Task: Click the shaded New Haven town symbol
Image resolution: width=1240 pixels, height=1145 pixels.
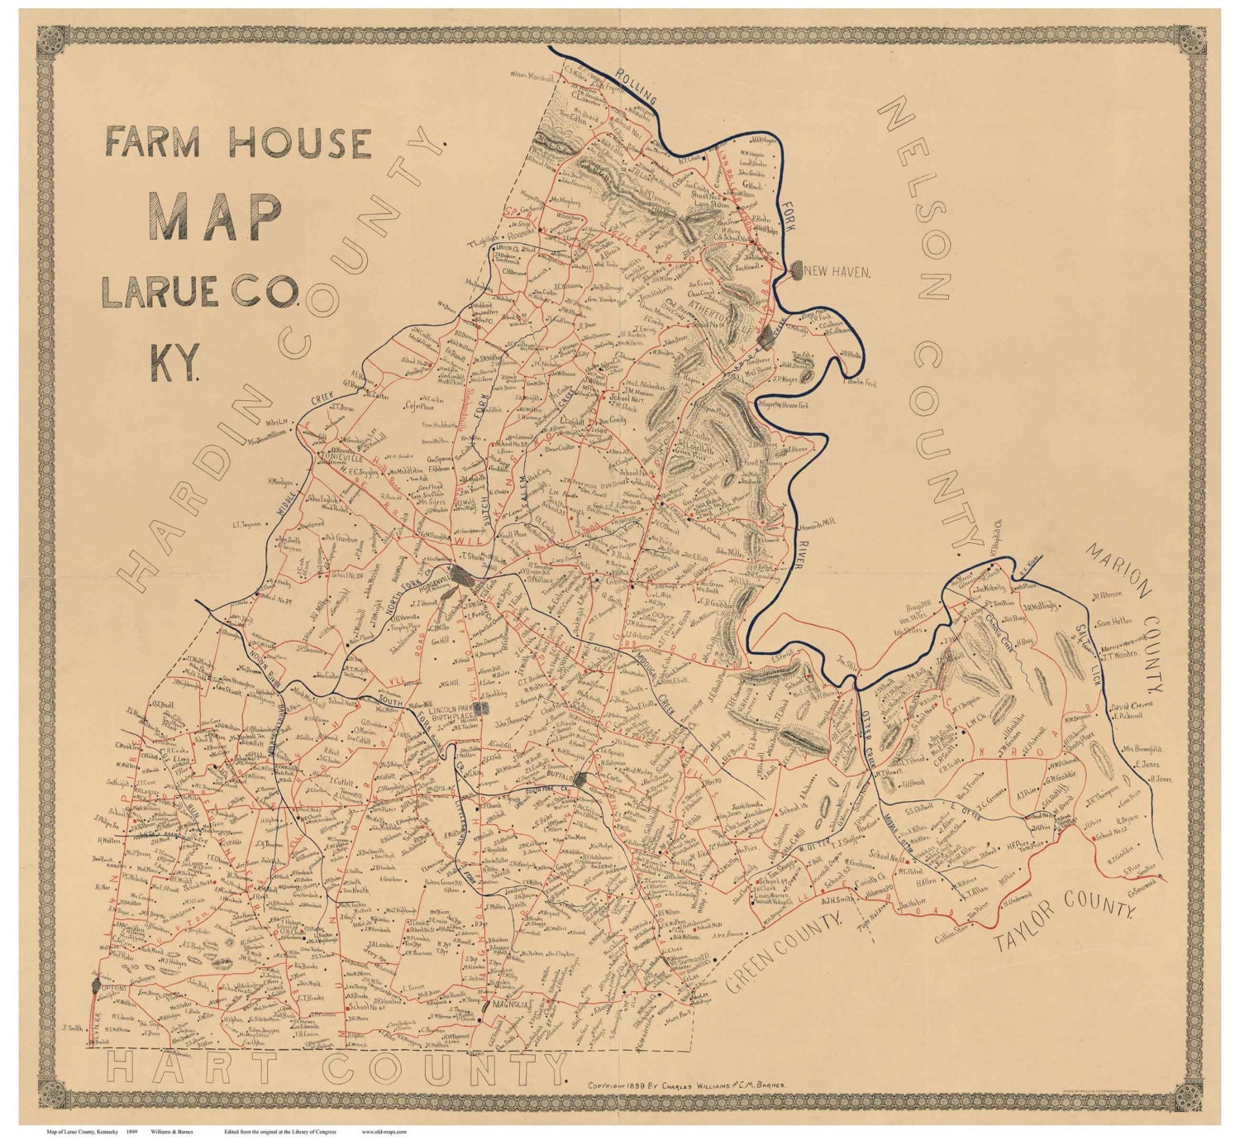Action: (x=797, y=269)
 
